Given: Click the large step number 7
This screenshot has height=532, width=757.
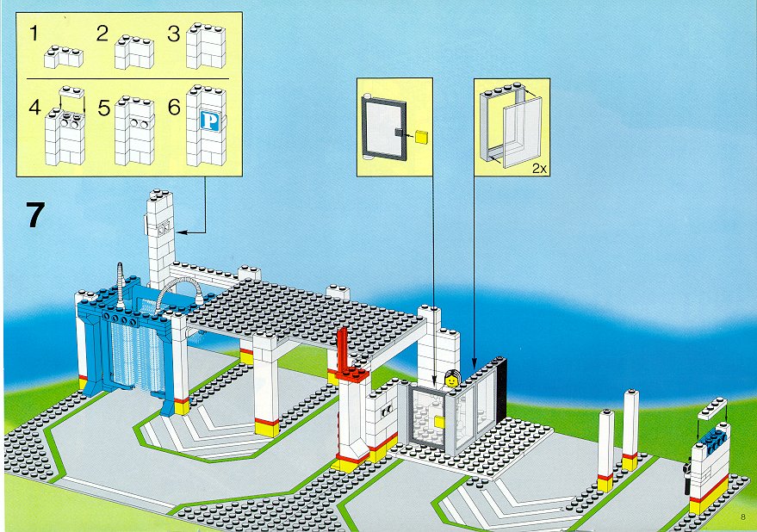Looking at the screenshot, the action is tap(35, 215).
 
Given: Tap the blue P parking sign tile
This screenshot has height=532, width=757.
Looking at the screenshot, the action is tap(210, 121).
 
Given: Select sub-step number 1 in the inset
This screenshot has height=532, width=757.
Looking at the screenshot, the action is tap(34, 34).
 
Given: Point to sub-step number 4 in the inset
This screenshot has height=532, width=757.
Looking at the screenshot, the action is tap(34, 107).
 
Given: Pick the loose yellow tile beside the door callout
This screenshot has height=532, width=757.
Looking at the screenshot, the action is tap(421, 137).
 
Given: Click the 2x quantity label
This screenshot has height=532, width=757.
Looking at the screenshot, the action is tap(539, 169).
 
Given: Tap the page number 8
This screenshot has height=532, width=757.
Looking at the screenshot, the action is tap(743, 517).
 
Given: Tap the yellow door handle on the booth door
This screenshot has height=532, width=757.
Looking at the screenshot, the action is tap(439, 422).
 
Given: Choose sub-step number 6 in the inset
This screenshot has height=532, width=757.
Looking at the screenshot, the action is tap(174, 107).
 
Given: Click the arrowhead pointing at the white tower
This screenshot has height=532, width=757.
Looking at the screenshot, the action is tap(182, 232).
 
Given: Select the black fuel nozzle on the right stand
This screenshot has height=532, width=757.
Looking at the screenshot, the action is tap(686, 478).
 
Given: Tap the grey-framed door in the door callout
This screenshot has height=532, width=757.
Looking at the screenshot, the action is tap(384, 128).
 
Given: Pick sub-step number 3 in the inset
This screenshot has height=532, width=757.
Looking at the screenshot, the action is tap(174, 34).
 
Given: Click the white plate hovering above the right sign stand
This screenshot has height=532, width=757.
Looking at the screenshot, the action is tap(712, 408).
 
